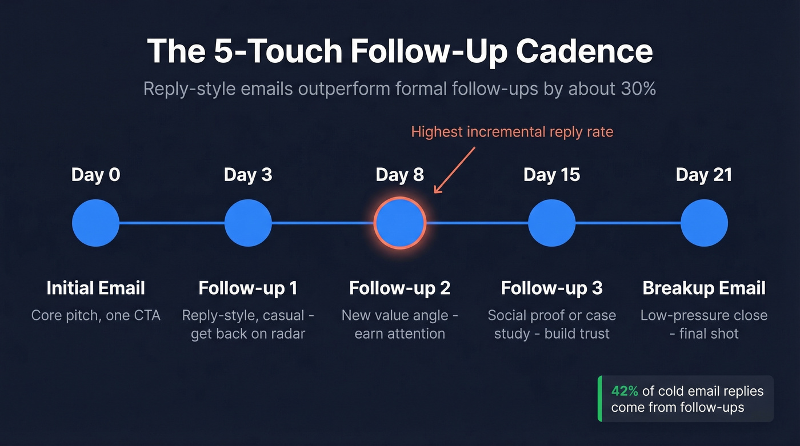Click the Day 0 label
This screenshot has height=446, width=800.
pos(95,175)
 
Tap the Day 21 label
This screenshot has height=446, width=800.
pos(703,175)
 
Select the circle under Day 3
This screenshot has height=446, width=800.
pos(248,223)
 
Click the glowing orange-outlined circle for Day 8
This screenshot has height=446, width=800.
pos(400,223)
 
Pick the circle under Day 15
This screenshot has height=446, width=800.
pos(551,223)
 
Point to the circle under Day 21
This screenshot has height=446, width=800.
pos(704,223)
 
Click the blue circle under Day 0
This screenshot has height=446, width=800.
pos(96,223)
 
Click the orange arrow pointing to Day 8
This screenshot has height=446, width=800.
pos(454,170)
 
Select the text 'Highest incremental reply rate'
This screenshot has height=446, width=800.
pos(512,132)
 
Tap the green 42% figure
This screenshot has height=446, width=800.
pos(624,391)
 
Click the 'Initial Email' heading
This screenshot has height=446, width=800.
pos(95,288)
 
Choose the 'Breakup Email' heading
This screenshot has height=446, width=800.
pos(704,288)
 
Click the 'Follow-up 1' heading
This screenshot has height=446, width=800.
pos(248,288)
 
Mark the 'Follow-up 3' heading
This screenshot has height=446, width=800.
pos(551,288)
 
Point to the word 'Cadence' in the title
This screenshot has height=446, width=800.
pos(584,51)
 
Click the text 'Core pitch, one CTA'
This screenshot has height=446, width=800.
pos(95,315)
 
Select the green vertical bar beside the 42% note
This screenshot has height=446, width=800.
pos(599,399)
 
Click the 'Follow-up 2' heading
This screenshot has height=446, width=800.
pos(400,288)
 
